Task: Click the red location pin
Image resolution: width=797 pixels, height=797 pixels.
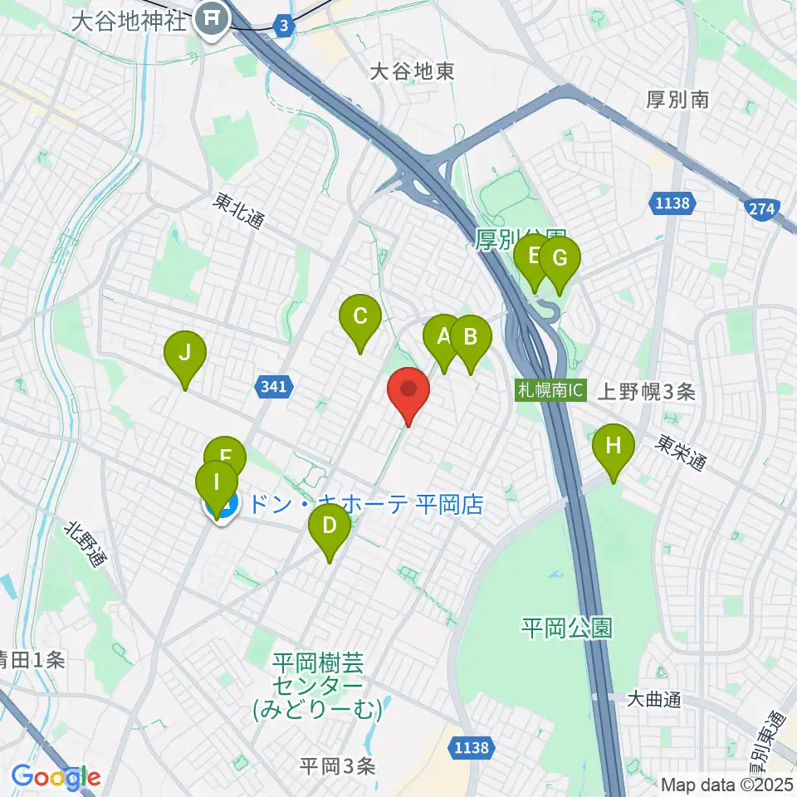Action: [x=408, y=390]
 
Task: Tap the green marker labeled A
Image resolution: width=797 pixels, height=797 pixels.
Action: [x=443, y=337]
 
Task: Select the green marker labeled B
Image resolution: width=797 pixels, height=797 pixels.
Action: [x=470, y=338]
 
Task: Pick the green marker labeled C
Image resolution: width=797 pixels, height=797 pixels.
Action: [x=359, y=317]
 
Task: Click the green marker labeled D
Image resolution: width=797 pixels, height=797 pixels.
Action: [x=329, y=526]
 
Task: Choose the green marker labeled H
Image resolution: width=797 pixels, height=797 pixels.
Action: [x=613, y=446]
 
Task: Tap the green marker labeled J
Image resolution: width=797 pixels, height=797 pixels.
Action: [x=184, y=354]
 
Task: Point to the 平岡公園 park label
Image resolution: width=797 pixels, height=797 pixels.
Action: [x=566, y=628]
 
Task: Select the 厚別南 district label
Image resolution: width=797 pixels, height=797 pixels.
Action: [x=677, y=100]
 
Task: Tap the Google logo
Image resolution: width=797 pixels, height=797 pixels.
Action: [x=56, y=778]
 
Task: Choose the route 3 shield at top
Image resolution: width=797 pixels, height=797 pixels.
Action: [x=285, y=27]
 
